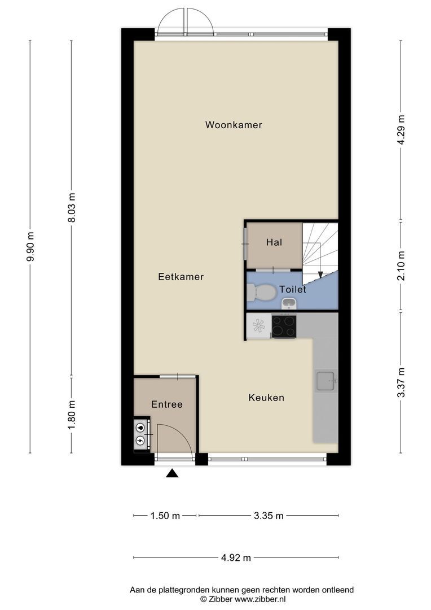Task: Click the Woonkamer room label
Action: pos(234,125)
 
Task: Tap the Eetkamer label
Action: pos(181,277)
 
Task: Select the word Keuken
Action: pos(266,398)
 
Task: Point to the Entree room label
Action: pos(166,404)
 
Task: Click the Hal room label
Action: pos(274,242)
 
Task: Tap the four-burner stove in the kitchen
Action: pos(284,326)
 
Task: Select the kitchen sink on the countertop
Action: pos(326,381)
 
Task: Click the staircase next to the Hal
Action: pos(319,252)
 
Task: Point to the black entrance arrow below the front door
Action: pos(172,473)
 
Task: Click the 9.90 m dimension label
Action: pos(30,247)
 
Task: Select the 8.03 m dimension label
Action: pos(72,208)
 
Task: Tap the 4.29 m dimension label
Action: pos(401,130)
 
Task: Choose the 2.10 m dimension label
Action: pos(401,265)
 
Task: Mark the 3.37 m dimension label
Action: pos(401,382)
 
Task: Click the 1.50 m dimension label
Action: pos(165,515)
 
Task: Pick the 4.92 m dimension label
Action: pos(236,557)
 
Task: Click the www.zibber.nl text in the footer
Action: pos(260,598)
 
